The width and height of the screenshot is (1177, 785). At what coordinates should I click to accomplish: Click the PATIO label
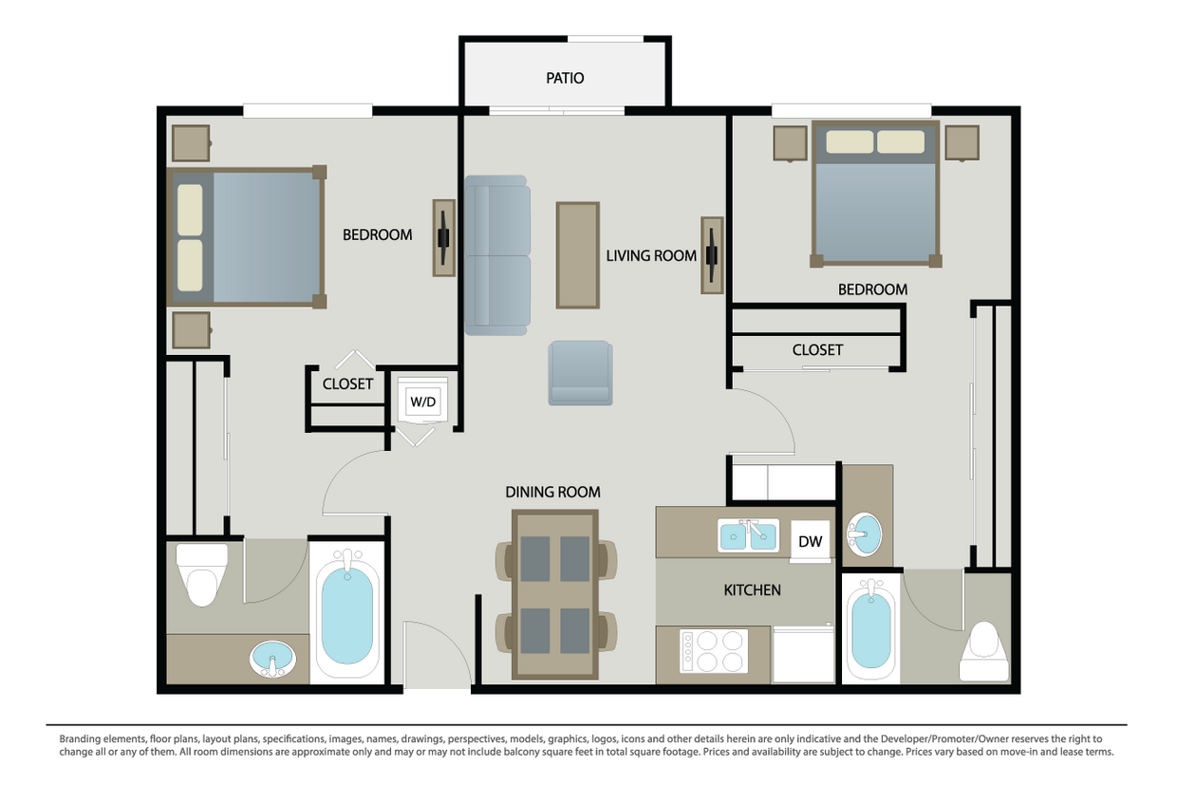(x=565, y=78)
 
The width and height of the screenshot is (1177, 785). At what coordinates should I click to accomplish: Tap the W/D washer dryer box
(x=422, y=402)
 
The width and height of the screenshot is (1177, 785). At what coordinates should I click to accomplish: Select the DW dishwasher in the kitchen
(x=810, y=541)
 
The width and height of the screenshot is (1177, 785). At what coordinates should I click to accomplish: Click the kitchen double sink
(x=749, y=537)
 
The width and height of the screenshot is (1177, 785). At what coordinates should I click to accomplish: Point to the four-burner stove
(x=713, y=650)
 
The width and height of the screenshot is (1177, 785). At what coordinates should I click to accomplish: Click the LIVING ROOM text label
(x=651, y=255)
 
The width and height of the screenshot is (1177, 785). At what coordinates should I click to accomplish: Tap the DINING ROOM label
(x=552, y=492)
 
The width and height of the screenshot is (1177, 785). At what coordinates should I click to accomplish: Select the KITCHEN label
(x=752, y=589)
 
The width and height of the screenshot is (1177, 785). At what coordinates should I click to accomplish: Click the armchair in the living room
(x=580, y=373)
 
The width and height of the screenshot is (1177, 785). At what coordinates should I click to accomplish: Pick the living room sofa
(x=496, y=254)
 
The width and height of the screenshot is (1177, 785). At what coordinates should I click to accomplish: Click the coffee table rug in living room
(x=577, y=254)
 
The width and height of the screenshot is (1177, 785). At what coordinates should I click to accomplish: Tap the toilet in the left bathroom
(x=203, y=574)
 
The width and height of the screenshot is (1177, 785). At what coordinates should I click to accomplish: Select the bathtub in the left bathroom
(x=346, y=612)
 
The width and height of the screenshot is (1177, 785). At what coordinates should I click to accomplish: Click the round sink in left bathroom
(x=272, y=658)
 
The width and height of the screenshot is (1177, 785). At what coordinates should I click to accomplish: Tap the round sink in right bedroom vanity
(x=864, y=535)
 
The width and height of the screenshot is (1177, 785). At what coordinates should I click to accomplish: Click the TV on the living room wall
(x=712, y=254)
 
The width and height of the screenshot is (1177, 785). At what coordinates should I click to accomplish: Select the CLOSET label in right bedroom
(x=817, y=350)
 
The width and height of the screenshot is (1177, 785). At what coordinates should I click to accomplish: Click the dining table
(x=555, y=594)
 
